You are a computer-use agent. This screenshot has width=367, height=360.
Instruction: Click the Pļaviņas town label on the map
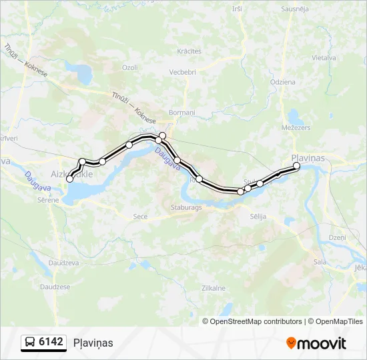click(x=308, y=157)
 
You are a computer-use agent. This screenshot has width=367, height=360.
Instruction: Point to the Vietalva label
click(x=323, y=58)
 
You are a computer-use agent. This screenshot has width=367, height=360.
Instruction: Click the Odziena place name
click(x=283, y=81)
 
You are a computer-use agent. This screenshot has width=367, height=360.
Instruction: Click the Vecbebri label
click(x=182, y=72)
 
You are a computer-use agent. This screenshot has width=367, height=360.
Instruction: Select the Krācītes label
click(x=190, y=51)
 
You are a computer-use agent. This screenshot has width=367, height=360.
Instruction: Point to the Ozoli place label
click(x=129, y=67)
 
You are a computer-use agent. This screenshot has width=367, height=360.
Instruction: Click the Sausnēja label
click(x=294, y=9)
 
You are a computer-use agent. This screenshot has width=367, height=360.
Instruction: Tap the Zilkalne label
click(x=214, y=288)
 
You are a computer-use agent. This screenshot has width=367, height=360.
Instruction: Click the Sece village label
click(x=140, y=217)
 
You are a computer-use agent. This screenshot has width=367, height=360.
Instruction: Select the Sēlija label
click(x=258, y=217)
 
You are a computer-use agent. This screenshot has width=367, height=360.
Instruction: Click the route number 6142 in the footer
click(x=51, y=342)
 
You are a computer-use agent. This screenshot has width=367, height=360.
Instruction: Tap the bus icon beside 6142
click(x=30, y=343)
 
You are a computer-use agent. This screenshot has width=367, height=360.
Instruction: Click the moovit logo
click(x=316, y=343)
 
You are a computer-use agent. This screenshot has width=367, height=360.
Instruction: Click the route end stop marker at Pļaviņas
click(x=297, y=166)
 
